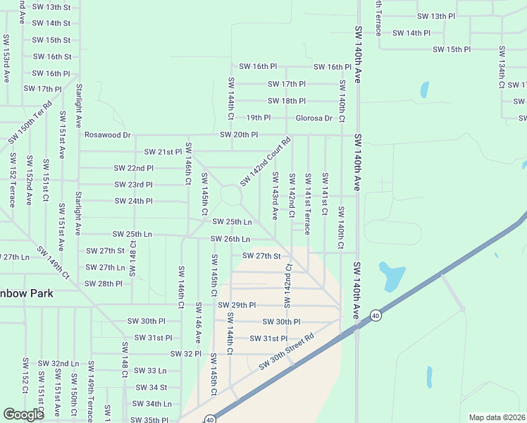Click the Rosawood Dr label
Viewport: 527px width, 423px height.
tap(108, 135)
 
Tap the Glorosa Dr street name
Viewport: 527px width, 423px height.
tap(314, 118)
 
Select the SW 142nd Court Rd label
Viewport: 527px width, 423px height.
tap(265, 162)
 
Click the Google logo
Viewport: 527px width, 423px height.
tap(23, 415)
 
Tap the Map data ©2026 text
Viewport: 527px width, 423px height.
tap(497, 417)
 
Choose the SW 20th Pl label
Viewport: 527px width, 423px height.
tap(239, 135)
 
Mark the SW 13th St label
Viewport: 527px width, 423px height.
tap(51, 7)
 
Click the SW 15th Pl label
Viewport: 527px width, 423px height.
tap(452, 49)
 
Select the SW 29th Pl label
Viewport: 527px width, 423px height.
tap(237, 305)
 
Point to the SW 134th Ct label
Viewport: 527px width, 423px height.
tap(502, 68)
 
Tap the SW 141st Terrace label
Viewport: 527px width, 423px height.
tap(307, 203)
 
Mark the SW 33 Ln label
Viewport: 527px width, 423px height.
tap(150, 370)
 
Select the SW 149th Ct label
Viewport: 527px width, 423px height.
tap(54, 262)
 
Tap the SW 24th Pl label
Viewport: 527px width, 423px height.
tap(134, 201)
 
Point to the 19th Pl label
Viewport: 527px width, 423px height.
tap(258, 118)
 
